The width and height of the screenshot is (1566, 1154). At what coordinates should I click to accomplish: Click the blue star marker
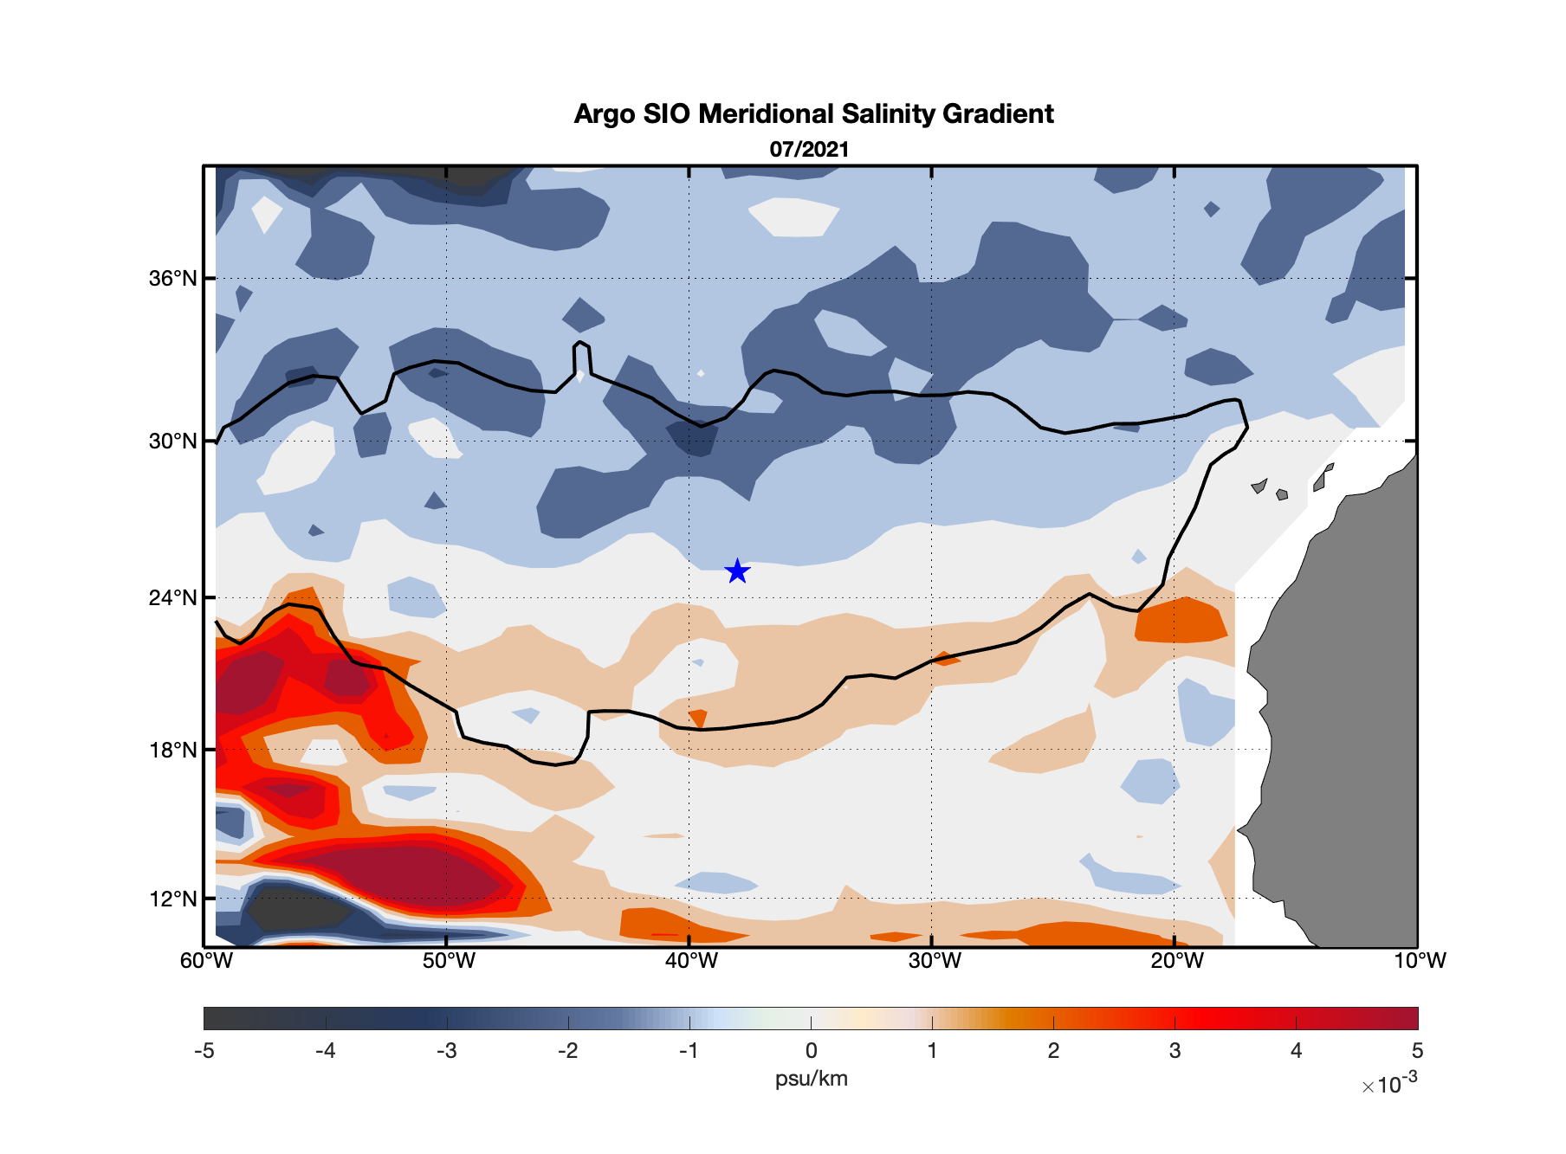point(737,571)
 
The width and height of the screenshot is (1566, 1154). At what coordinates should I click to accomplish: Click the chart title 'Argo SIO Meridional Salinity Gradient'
point(813,114)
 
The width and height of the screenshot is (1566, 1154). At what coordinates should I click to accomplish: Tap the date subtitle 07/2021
point(809,149)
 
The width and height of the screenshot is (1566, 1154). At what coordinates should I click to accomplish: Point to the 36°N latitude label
point(172,279)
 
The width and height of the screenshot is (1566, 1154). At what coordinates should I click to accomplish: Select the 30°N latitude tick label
point(172,442)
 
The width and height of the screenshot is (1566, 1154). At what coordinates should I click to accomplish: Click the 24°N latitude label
point(172,598)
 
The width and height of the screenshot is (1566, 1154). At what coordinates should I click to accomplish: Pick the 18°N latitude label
point(172,750)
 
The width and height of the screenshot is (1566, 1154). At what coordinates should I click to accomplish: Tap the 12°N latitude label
point(172,899)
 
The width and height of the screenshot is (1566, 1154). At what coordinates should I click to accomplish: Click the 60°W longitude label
point(206,961)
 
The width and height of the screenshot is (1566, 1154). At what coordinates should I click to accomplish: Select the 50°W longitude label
point(449,961)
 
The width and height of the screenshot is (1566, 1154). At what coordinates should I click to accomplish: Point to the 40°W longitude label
point(691,961)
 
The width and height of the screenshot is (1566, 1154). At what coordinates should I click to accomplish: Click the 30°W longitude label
point(935,961)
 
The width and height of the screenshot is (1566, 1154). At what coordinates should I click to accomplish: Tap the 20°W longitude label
point(1177,961)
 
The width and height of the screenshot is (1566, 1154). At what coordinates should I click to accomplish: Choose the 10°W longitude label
point(1420,961)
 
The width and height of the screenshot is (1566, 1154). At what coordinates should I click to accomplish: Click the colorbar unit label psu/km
point(811,1079)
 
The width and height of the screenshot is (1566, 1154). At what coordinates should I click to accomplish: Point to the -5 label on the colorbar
point(204,1051)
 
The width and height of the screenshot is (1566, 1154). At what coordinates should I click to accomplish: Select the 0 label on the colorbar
point(811,1051)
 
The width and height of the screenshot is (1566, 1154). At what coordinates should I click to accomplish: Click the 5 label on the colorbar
point(1417,1051)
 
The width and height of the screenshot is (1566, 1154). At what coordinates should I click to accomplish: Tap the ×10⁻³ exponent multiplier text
point(1389,1084)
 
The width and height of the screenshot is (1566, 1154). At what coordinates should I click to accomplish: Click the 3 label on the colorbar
point(1174,1051)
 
